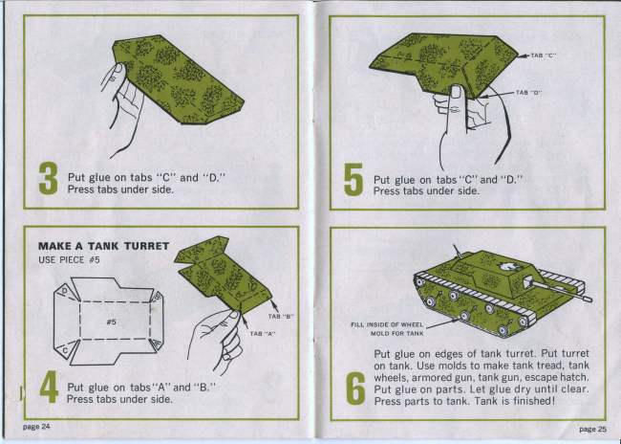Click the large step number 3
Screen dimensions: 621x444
[x=49, y=179]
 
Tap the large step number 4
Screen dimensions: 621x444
[x=49, y=387]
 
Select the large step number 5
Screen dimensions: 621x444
[x=353, y=179]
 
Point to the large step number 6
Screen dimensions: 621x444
[x=355, y=388]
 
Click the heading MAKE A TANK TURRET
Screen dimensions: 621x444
[x=104, y=246]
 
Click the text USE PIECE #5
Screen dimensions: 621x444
[x=69, y=260]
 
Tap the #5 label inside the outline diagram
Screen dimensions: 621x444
[x=112, y=322]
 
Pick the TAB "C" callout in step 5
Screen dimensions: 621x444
[x=544, y=55]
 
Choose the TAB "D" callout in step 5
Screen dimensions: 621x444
[x=528, y=93]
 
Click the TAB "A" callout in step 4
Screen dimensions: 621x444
[x=263, y=334]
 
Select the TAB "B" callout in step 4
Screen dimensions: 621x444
[x=280, y=316]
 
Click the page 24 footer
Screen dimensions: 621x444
[x=36, y=427]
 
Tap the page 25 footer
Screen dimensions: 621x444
[x=592, y=429]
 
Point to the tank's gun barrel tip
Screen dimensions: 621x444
[x=590, y=300]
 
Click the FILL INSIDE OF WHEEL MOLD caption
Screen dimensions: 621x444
[x=387, y=329]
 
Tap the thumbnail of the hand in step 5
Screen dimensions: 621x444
[x=457, y=92]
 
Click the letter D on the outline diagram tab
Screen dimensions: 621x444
[x=64, y=293]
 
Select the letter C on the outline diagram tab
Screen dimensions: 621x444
[x=65, y=350]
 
